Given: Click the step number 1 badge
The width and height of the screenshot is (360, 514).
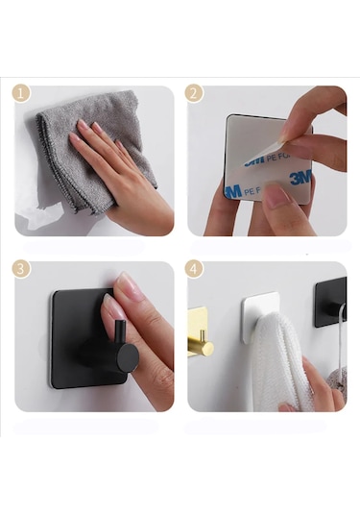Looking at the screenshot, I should click(x=21, y=93).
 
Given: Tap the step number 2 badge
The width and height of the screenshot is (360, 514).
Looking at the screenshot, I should click(x=195, y=93).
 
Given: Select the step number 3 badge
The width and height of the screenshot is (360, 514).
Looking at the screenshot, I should click(x=21, y=268).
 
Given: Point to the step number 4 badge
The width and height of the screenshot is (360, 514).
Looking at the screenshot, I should click(x=195, y=268).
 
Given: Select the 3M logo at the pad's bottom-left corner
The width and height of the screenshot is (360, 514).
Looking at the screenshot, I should click(x=233, y=190).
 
